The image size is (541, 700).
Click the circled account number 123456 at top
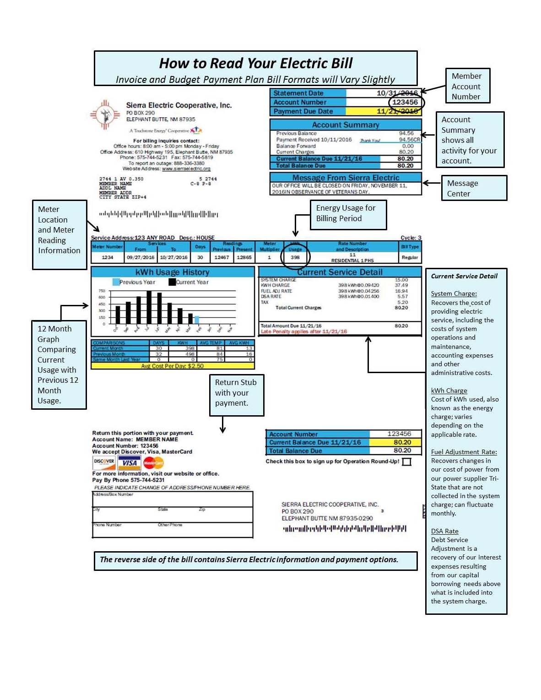[x=405, y=102]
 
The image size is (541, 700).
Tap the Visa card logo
[x=130, y=463]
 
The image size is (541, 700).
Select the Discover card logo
[x=104, y=462]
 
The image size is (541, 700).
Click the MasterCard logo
[x=153, y=463]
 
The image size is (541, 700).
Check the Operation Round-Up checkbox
[x=406, y=462]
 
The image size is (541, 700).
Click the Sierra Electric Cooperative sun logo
[x=105, y=114]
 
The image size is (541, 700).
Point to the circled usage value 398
[x=295, y=257]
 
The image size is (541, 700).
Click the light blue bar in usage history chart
[x=197, y=320]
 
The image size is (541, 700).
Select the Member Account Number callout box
[x=467, y=86]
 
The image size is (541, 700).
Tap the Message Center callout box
[x=474, y=188]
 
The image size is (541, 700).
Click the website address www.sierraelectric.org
[x=186, y=169]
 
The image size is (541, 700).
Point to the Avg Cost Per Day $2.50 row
[x=173, y=366]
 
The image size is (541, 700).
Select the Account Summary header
[x=346, y=125]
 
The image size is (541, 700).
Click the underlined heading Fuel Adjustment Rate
[x=464, y=452]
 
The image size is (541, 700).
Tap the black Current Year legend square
[x=172, y=282]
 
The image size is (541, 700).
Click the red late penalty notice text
[x=304, y=331]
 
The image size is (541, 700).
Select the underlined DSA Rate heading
[x=444, y=531]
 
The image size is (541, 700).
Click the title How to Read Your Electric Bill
[x=255, y=63]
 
